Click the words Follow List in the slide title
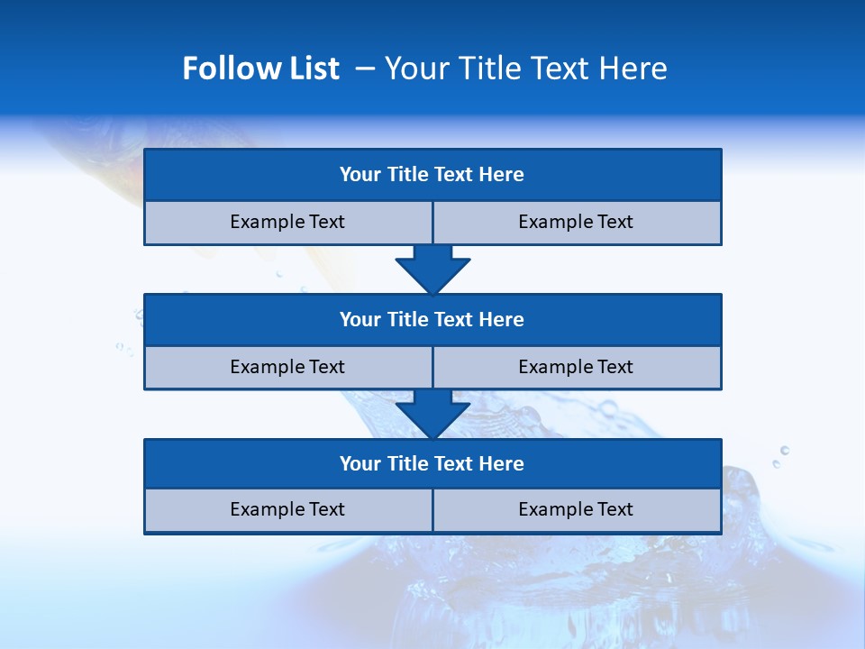[x=260, y=69]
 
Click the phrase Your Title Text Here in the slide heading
[x=525, y=69]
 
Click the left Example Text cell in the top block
[x=287, y=222]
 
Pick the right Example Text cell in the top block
[x=576, y=222]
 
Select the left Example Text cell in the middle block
[x=287, y=367]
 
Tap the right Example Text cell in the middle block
[x=576, y=367]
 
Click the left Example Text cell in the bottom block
[x=287, y=509]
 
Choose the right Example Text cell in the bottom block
[x=576, y=509]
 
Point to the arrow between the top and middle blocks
[x=432, y=269]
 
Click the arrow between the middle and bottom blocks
[x=432, y=414]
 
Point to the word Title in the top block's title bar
[x=407, y=175]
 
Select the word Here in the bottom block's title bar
[x=502, y=463]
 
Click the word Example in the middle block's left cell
[x=268, y=367]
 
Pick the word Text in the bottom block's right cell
[x=614, y=509]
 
